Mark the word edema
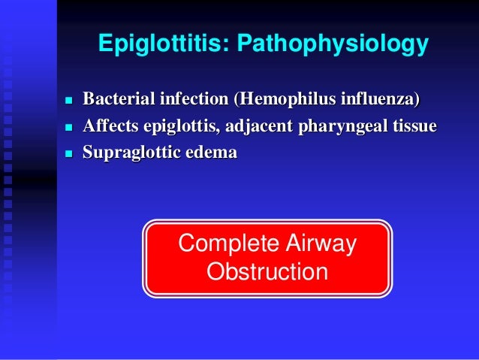209,153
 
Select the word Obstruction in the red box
267,271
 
